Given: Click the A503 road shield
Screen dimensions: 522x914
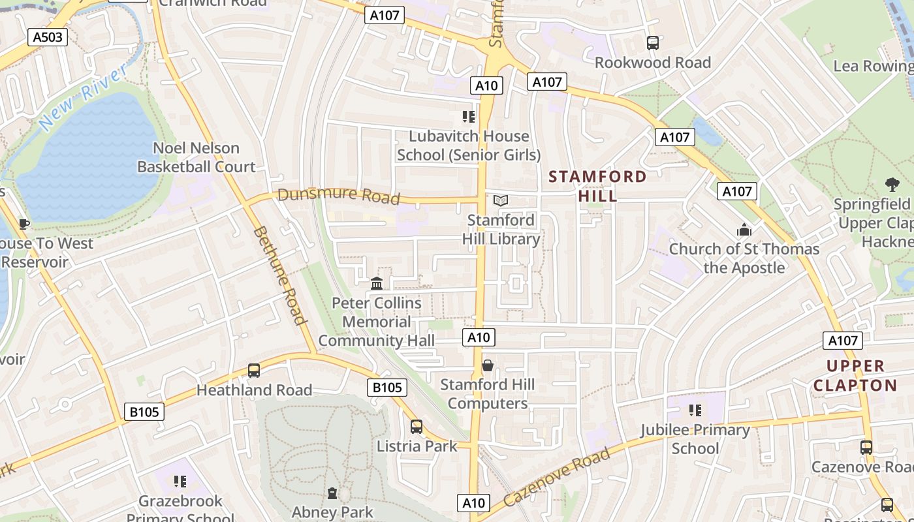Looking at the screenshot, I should pos(48,37).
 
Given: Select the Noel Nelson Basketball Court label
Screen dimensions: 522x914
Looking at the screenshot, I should pos(196,157).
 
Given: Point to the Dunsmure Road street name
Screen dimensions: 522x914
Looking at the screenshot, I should pos(338,195).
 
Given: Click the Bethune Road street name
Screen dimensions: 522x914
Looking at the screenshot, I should pos(279,275).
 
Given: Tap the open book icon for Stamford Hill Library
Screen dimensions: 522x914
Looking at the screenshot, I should pos(501,201).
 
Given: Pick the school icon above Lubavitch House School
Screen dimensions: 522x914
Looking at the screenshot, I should pos(468,117).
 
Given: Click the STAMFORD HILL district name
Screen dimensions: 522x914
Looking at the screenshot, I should pos(597,186).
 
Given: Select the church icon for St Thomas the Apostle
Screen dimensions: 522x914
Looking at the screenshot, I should pos(744,230).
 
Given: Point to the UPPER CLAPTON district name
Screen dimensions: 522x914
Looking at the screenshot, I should pos(855,375).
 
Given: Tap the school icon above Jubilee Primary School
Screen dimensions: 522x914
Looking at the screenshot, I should pos(695,410).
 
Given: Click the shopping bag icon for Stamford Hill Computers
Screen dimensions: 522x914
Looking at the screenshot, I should pos(487,365).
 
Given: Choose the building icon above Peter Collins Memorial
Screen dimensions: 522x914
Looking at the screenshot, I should pos(377,284).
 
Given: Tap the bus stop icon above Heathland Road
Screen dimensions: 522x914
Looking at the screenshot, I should pos(254,371).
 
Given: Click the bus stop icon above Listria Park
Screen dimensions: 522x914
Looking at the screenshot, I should pos(417,427).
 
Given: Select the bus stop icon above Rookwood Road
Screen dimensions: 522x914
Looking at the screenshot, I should pos(652,43).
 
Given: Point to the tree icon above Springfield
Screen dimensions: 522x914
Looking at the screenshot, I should pos(892,185).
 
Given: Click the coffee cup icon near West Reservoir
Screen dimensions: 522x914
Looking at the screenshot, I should pos(24,224).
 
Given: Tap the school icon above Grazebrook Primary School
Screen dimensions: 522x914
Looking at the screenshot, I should pos(180,482).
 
